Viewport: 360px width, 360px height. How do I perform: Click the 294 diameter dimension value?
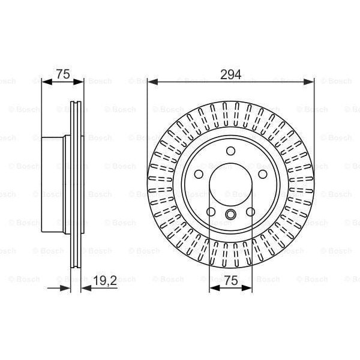point(231,74)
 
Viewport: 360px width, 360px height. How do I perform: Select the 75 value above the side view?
point(63,74)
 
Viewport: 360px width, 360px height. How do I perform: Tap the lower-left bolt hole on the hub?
point(210,211)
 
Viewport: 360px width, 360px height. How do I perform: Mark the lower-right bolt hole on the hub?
point(251,211)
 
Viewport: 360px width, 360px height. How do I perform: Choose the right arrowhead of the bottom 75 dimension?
point(249,288)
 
